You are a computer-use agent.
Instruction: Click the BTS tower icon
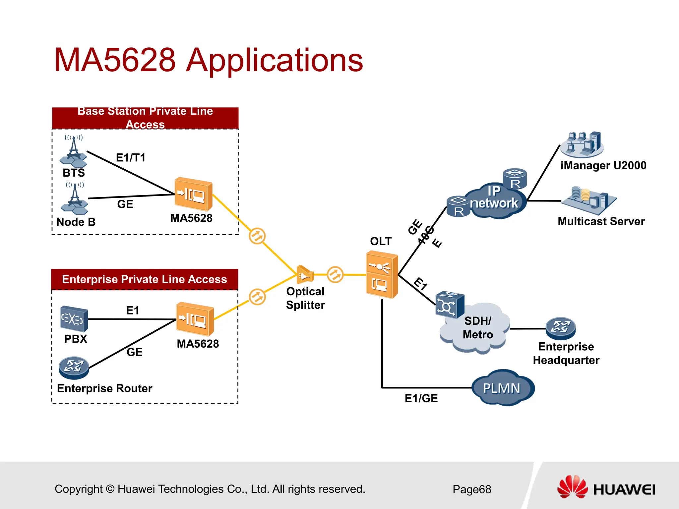[x=74, y=152]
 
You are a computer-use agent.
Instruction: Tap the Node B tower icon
[x=75, y=199]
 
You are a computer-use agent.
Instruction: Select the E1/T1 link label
[x=131, y=158]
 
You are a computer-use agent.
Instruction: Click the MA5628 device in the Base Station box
[x=194, y=194]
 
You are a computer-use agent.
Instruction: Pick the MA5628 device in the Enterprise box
[x=195, y=319]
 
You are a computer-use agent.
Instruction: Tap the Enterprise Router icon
[x=74, y=368]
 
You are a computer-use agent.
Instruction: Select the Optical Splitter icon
[x=305, y=275]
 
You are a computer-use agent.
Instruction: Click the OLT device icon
[x=382, y=275]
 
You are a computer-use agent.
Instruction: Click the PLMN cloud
[x=502, y=388]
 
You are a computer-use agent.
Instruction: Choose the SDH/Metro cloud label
[x=478, y=328]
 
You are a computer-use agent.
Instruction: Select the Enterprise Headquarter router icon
[x=561, y=328]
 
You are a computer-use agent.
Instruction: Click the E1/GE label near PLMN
[x=421, y=398]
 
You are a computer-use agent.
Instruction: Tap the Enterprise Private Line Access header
[x=145, y=279]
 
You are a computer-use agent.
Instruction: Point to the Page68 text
[x=472, y=489]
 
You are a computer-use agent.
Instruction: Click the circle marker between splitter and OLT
[x=335, y=274]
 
